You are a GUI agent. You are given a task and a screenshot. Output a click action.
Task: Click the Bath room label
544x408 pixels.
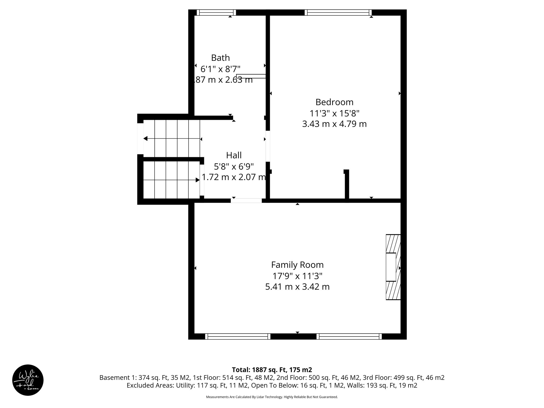220,58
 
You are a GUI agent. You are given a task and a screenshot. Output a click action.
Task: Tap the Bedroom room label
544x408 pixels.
334,102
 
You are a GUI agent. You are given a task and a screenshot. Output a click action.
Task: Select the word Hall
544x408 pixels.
234,155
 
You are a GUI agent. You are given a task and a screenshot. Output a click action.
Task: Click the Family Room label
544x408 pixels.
297,265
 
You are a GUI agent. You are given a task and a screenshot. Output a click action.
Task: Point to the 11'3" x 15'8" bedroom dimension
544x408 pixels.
334,113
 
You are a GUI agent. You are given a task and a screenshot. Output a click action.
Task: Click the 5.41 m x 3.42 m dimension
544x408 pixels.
297,287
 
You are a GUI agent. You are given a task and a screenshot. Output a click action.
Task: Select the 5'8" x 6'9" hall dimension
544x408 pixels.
234,167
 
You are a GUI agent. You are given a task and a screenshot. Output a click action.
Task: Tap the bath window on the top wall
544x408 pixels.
216,12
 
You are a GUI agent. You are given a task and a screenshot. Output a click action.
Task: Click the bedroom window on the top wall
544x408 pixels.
338,12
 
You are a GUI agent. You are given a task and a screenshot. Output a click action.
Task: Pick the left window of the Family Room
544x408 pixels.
238,337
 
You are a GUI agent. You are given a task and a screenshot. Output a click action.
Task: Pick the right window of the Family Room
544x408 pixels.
349,337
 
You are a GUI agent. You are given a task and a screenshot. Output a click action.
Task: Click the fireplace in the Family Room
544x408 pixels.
393,267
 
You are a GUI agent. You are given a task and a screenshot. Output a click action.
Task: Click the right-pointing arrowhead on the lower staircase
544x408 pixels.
198,180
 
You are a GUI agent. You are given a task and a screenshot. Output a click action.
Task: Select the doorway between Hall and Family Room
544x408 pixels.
246,201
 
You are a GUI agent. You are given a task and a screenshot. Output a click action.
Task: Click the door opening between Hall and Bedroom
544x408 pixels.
268,146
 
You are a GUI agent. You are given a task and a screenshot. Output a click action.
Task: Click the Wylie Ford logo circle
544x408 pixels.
28,380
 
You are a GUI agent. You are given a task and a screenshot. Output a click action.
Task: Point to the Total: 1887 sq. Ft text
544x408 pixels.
272,370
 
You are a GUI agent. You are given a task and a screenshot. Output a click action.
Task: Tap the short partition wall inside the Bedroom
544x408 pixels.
347,185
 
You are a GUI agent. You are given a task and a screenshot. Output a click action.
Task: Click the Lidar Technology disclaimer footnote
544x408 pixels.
272,397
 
